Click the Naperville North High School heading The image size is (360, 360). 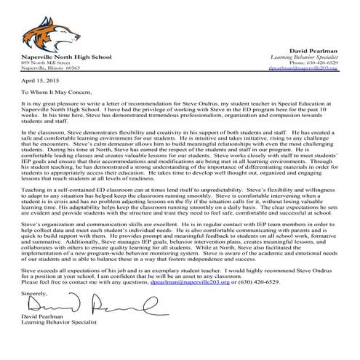63,55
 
